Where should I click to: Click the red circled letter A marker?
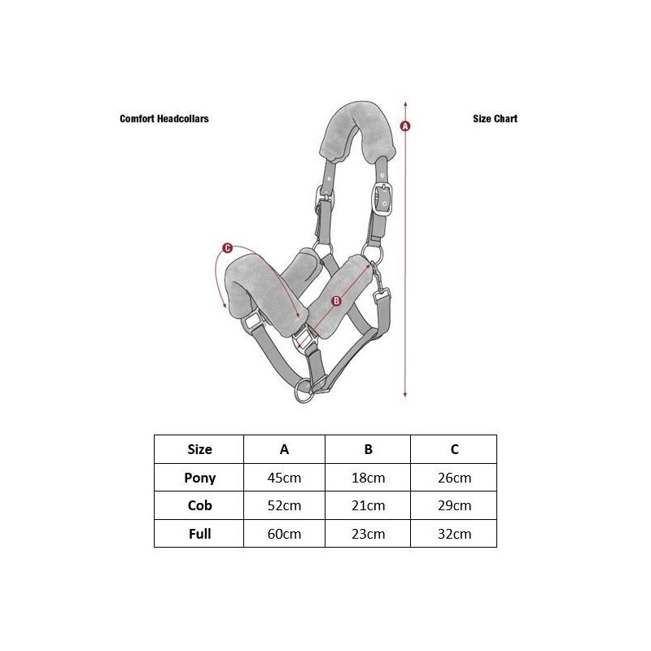click(405, 126)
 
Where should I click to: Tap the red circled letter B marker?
click(337, 301)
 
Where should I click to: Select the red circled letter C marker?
click(227, 248)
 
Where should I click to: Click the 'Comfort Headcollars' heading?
click(164, 119)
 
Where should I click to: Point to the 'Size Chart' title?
click(496, 119)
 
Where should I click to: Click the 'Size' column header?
click(199, 449)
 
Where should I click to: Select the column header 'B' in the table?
click(369, 449)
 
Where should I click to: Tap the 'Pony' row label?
click(199, 478)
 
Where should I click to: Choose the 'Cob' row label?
click(199, 505)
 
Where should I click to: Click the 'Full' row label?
click(199, 534)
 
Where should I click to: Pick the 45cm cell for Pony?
click(284, 478)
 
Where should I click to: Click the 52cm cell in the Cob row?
click(284, 505)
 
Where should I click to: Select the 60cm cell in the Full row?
click(284, 534)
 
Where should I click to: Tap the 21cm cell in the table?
click(369, 505)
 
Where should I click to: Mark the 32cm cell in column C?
click(455, 534)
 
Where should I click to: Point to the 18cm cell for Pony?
click(369, 478)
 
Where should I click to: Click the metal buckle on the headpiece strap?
click(382, 199)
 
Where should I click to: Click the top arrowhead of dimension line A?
click(405, 103)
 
